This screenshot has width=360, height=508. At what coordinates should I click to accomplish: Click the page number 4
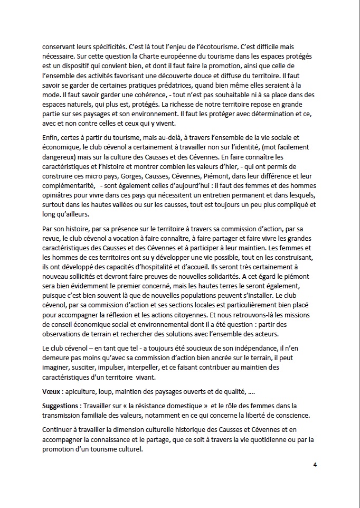315,464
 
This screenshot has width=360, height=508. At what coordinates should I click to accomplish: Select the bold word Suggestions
62,406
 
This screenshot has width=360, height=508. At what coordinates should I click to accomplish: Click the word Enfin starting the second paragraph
51,138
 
